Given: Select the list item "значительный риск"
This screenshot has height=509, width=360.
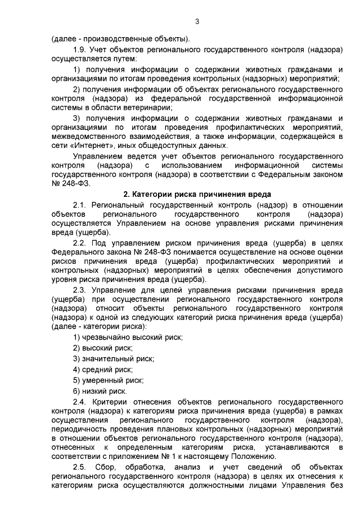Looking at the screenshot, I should coord(119,358).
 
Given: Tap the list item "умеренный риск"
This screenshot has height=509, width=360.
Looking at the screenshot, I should coord(113,380).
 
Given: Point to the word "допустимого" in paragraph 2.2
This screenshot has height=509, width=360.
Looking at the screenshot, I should coord(319,271).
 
